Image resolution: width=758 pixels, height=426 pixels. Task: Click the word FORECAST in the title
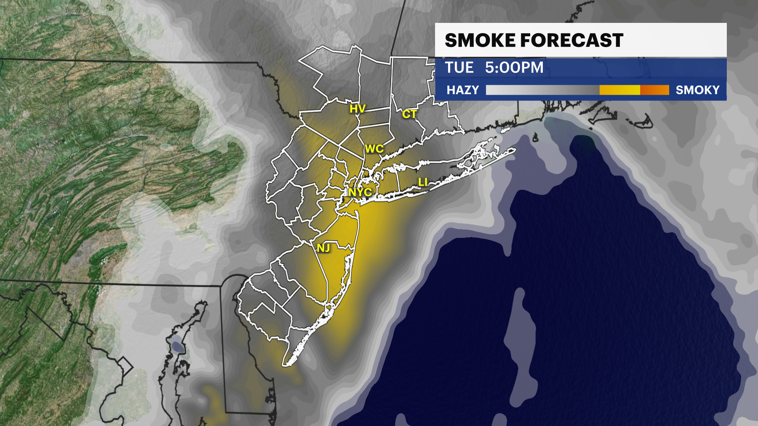[572, 41]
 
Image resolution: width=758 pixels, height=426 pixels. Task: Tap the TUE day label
[459, 68]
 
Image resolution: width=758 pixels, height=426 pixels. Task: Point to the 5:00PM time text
[514, 68]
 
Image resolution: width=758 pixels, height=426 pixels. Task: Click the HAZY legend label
[462, 90]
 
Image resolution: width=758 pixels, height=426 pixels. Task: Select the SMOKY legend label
[697, 90]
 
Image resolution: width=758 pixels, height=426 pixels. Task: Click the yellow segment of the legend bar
[619, 90]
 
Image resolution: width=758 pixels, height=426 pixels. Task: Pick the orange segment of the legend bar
[654, 90]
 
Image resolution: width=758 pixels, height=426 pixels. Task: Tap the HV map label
[357, 109]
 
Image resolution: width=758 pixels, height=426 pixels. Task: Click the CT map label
[409, 114]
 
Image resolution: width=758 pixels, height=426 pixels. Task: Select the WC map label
[374, 149]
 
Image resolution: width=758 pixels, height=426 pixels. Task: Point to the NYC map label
[360, 192]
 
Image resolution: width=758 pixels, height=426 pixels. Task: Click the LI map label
[422, 182]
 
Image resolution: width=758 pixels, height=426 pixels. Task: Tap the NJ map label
[323, 248]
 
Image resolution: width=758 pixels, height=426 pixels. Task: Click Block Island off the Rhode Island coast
[536, 138]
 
